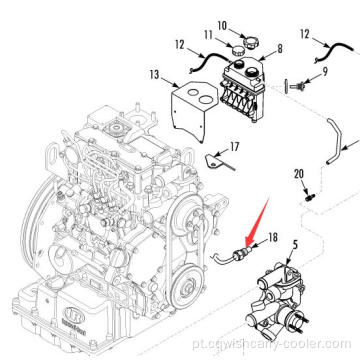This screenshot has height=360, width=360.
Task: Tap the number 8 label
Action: point(279,47)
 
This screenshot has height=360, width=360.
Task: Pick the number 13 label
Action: point(153,74)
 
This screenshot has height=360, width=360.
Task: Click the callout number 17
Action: point(235,146)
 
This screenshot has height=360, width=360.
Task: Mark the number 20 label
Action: point(298,177)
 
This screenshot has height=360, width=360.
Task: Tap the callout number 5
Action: point(294,245)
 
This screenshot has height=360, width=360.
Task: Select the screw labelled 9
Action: point(292,85)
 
